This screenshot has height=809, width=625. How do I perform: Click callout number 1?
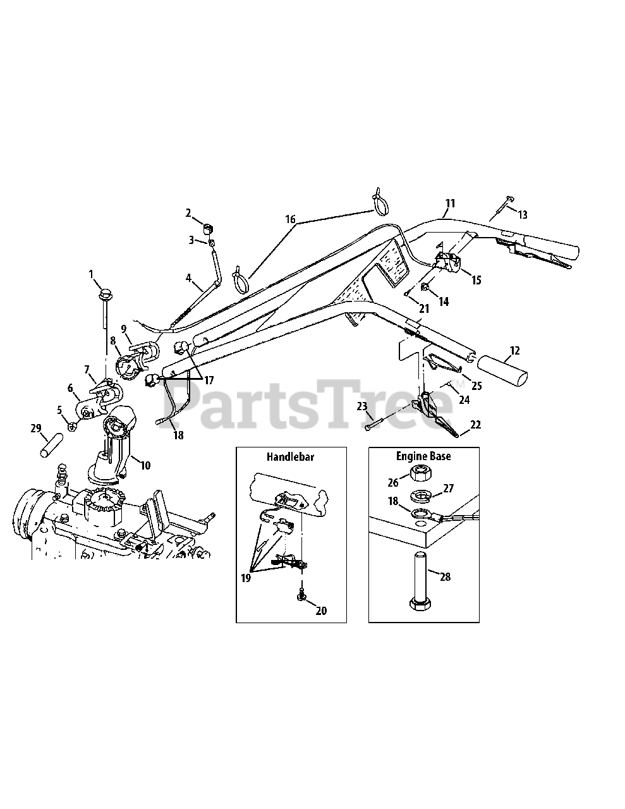[91, 274]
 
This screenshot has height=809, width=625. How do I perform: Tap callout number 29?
[35, 428]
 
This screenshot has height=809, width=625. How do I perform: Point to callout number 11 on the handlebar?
[450, 204]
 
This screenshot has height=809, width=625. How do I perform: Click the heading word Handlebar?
[291, 456]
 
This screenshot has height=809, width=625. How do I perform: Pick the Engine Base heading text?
[423, 456]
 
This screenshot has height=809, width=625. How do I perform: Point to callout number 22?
[475, 425]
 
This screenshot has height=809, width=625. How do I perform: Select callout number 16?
[290, 219]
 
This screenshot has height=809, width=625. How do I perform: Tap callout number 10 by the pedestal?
[145, 465]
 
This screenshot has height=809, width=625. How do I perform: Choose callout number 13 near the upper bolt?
[522, 215]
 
